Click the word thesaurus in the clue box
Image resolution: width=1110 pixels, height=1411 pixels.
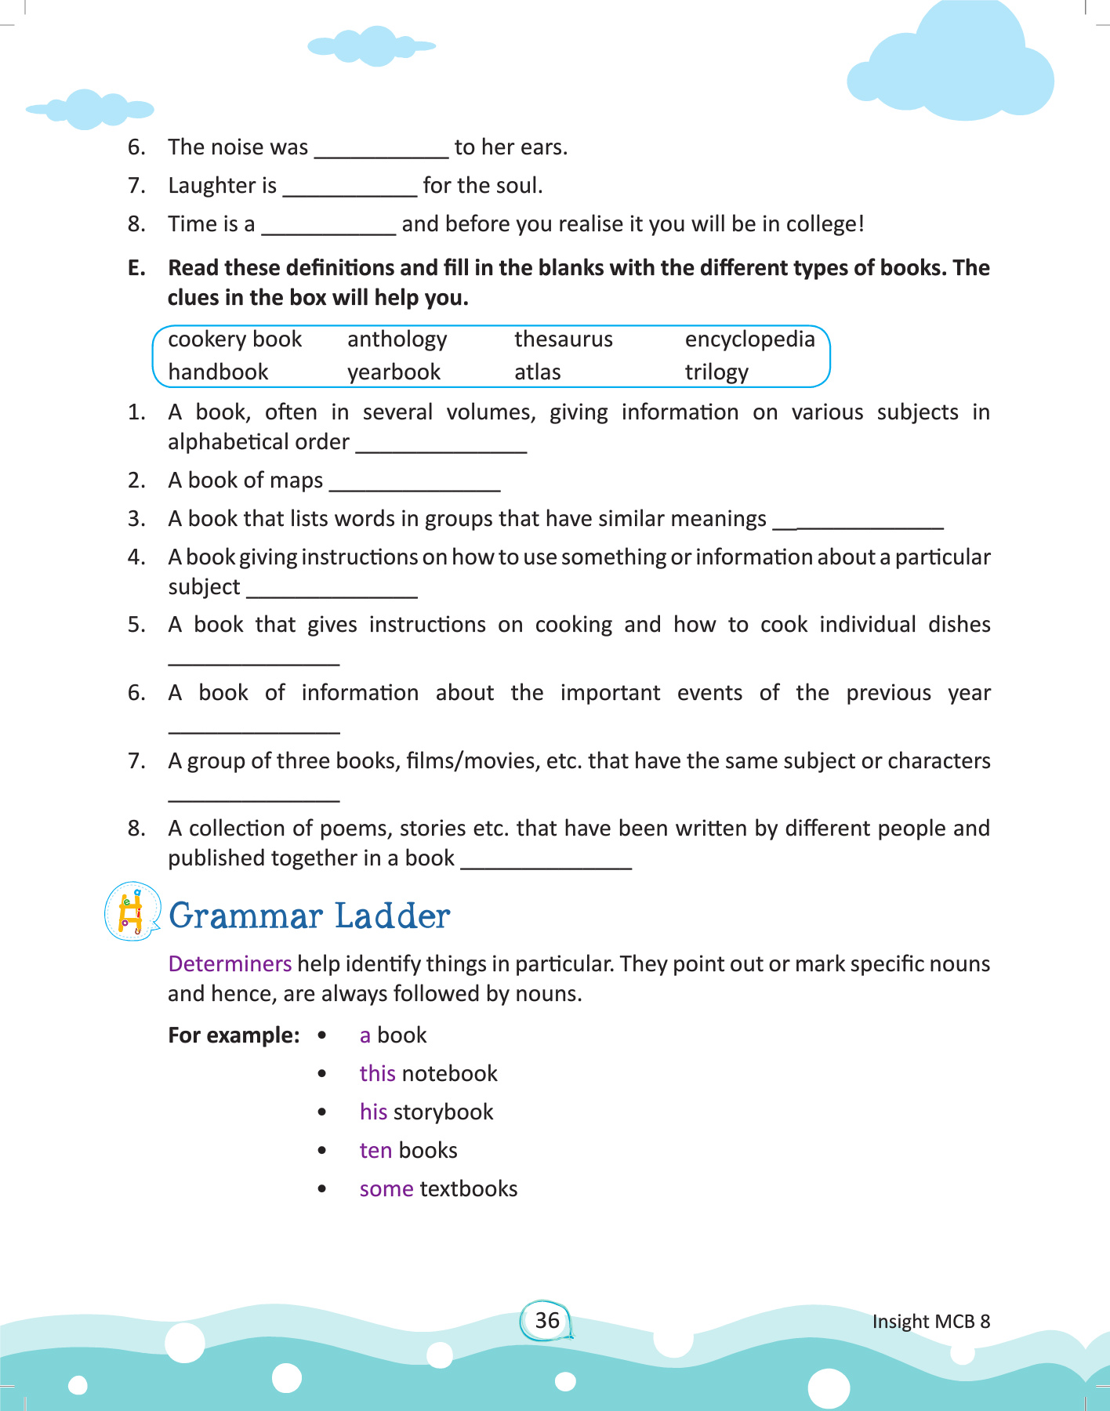point(563,339)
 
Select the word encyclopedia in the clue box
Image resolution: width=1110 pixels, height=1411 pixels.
point(749,339)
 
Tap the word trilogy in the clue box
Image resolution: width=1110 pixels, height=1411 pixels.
point(716,372)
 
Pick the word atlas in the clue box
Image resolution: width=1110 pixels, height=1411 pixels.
point(537,372)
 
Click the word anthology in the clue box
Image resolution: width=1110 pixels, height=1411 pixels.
point(397,339)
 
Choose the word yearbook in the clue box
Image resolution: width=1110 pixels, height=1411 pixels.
point(394,372)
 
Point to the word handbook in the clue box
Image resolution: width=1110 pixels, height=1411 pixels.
point(218,372)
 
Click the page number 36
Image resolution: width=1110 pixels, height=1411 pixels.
point(547,1321)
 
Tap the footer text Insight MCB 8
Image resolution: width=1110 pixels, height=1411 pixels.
point(930,1322)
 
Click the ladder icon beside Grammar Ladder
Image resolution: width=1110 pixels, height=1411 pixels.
point(132,912)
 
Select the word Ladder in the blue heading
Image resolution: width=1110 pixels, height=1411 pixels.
point(392,916)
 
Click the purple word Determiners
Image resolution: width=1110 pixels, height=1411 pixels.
point(230,963)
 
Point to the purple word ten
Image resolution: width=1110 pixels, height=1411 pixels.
point(375,1151)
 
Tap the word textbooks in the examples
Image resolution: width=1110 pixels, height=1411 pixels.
point(469,1189)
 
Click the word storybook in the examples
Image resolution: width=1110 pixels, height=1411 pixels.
point(443,1112)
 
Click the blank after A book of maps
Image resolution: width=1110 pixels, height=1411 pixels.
point(415,482)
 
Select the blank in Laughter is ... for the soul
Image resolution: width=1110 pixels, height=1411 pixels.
point(350,187)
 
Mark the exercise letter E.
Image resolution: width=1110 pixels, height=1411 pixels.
point(136,268)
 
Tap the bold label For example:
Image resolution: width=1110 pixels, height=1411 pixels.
point(234,1036)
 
